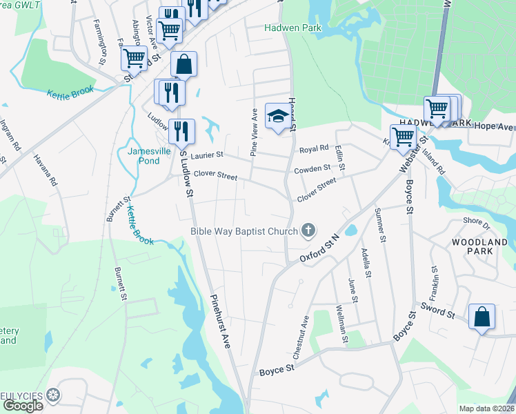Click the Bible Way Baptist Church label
244,231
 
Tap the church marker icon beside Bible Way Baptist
308,230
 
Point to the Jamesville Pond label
144,156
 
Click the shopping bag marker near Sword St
482,317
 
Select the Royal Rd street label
313,149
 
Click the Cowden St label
312,169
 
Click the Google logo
22,406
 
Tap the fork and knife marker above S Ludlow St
181,130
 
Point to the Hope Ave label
495,127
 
